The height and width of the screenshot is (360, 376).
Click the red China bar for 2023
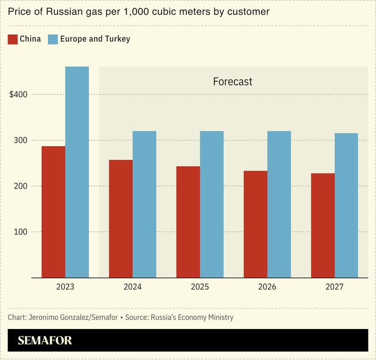(53, 211)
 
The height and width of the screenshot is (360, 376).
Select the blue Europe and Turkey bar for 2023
(77, 172)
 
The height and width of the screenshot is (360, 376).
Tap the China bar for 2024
(121, 219)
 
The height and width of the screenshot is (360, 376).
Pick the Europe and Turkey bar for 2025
(212, 204)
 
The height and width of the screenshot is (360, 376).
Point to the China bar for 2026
(256, 224)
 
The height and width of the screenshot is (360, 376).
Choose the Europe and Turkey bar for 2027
(346, 205)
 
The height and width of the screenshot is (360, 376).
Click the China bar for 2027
(323, 225)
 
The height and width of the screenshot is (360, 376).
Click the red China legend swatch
(13, 39)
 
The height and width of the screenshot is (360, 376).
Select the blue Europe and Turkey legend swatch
(52, 39)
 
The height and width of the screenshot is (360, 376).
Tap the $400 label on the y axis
(18, 94)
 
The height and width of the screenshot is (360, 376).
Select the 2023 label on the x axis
(65, 286)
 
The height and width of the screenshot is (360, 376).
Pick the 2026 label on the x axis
(267, 286)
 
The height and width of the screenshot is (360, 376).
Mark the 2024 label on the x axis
(132, 286)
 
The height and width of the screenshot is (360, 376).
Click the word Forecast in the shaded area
(232, 81)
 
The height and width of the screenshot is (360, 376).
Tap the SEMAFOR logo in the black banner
(45, 340)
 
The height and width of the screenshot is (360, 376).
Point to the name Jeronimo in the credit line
(45, 317)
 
